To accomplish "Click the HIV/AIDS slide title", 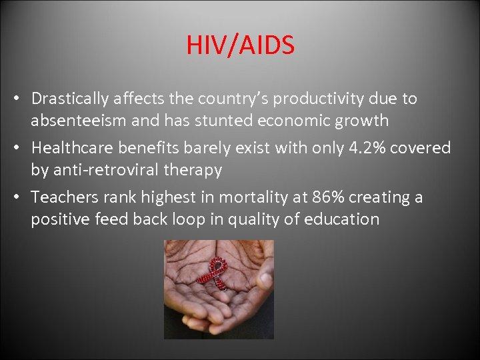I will (240, 45).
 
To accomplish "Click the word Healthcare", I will (71, 148).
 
